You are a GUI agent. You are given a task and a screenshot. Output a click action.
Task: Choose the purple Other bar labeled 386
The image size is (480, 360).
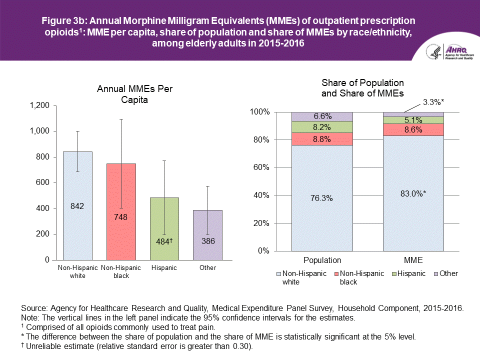coord(208,234)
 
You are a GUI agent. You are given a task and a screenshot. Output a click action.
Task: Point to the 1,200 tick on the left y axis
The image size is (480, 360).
coord(39,105)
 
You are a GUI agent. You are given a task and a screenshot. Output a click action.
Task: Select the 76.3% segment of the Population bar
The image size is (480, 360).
coord(322,197)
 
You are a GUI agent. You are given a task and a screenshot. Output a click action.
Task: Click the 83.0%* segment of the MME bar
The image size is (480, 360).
coord(413,192)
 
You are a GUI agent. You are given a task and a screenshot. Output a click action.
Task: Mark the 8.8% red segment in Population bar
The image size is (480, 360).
coord(322,139)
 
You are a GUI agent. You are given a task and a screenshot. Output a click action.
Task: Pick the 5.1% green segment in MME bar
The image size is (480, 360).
coord(413,120)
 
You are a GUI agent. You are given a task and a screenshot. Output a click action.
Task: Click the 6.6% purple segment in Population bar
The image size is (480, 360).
coord(322,116)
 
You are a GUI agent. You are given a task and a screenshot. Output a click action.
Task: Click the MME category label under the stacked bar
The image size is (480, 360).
coord(413,260)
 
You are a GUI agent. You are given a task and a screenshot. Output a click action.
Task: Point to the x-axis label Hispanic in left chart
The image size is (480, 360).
coord(164,268)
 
